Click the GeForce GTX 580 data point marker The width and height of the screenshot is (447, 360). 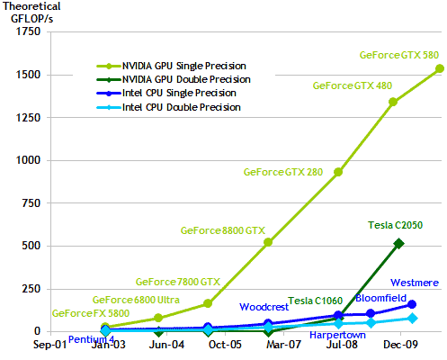pyautogui.click(x=440, y=68)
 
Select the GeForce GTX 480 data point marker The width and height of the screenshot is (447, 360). pyautogui.click(x=393, y=102)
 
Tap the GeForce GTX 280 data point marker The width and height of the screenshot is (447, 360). pyautogui.click(x=338, y=172)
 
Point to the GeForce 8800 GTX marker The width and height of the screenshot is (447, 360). pyautogui.click(x=268, y=242)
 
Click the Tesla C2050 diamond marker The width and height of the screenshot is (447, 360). pyautogui.click(x=398, y=244)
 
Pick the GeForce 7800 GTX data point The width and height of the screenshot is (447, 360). pyautogui.click(x=208, y=303)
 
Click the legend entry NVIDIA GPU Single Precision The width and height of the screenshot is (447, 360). pyautogui.click(x=171, y=66)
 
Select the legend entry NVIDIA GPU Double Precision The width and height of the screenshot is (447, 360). pyautogui.click(x=174, y=79)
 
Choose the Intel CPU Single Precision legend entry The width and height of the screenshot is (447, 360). pyautogui.click(x=166, y=93)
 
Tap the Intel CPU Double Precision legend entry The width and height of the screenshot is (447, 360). pyautogui.click(x=168, y=107)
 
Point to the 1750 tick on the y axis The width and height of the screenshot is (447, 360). pyautogui.click(x=28, y=31)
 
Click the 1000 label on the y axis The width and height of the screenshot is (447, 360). pyautogui.click(x=28, y=160)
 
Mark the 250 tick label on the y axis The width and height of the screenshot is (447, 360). pyautogui.click(x=31, y=289)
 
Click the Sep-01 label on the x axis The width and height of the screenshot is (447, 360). pyautogui.click(x=49, y=345)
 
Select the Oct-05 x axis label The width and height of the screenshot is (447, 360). pyautogui.click(x=225, y=345)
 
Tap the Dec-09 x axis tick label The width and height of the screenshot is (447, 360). pyautogui.click(x=400, y=345)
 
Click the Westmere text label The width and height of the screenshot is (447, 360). pyautogui.click(x=415, y=283)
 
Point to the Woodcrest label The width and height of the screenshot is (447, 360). pyautogui.click(x=264, y=307)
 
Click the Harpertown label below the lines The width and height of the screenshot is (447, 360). pyautogui.click(x=337, y=335)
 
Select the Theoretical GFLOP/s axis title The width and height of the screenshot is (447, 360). pyautogui.click(x=31, y=13)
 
